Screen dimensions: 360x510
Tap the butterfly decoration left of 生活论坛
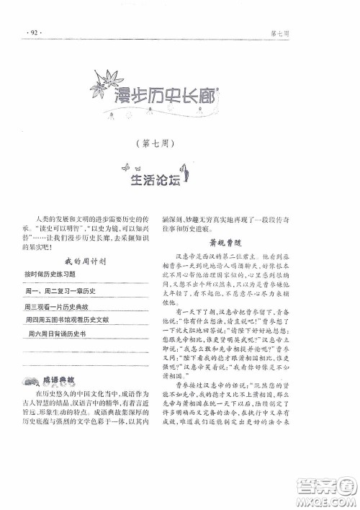pyautogui.click(x=127, y=168)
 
